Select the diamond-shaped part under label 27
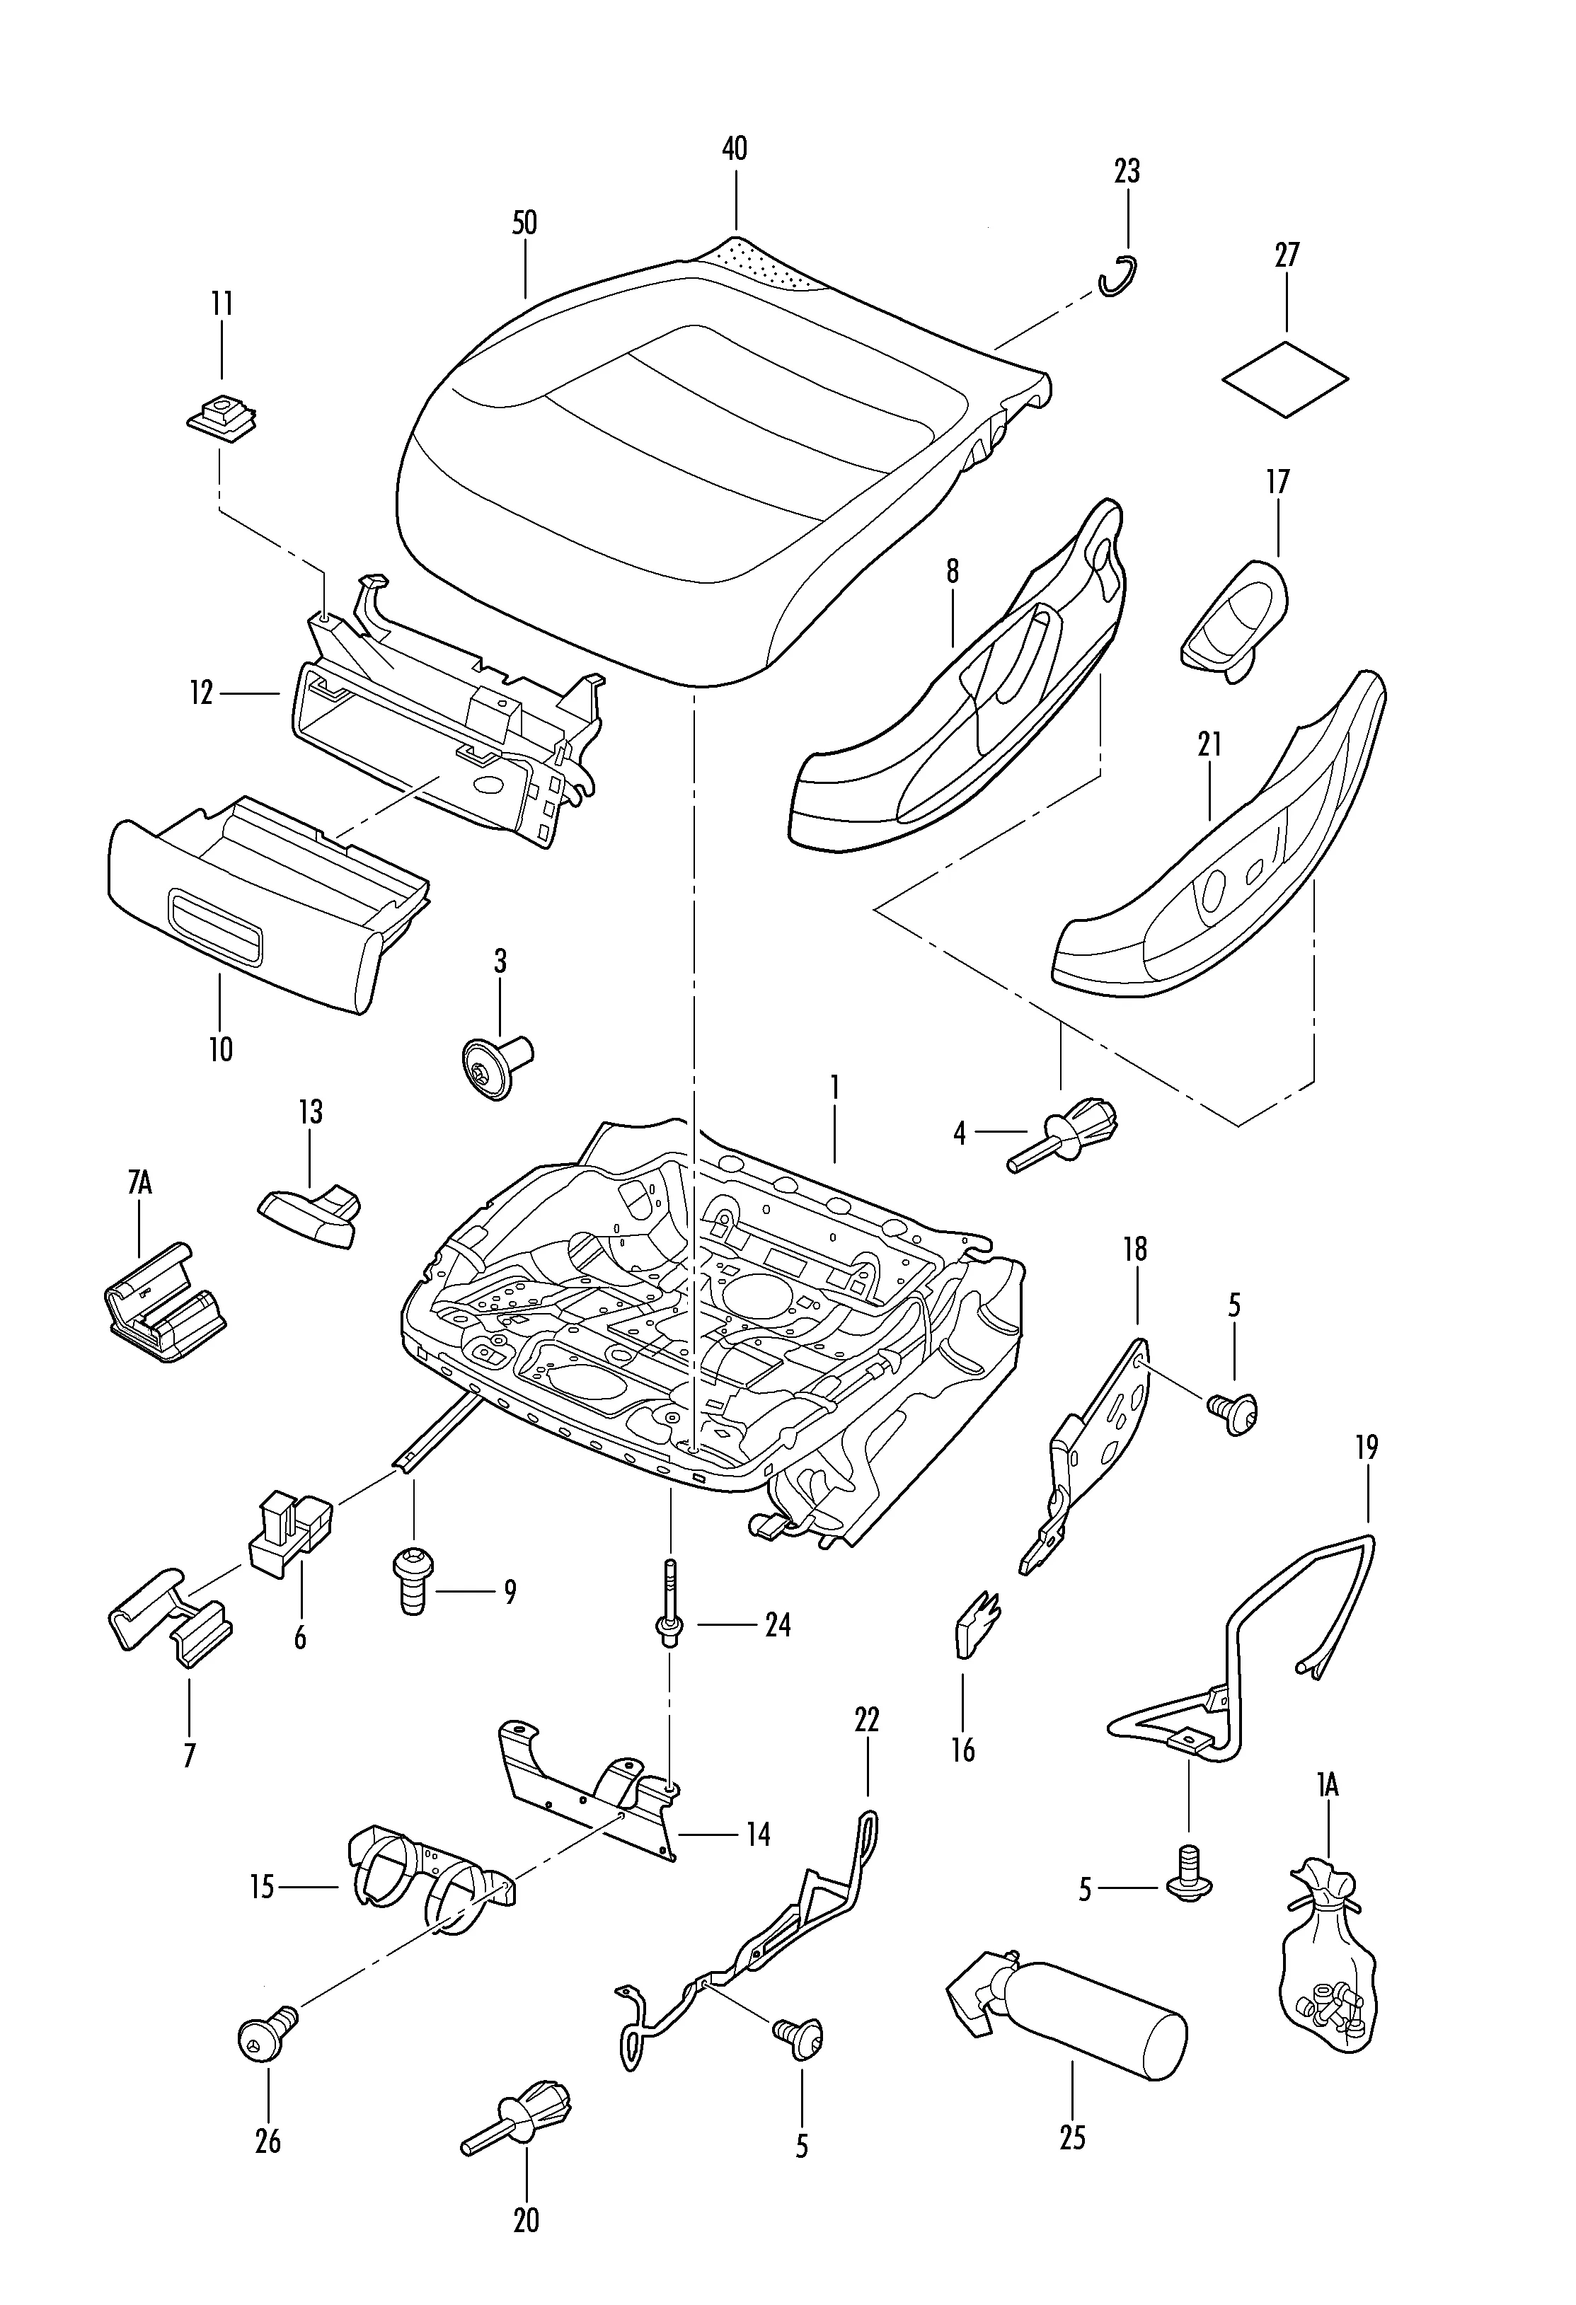[1285, 379]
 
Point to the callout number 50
[524, 223]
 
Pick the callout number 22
[867, 1718]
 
